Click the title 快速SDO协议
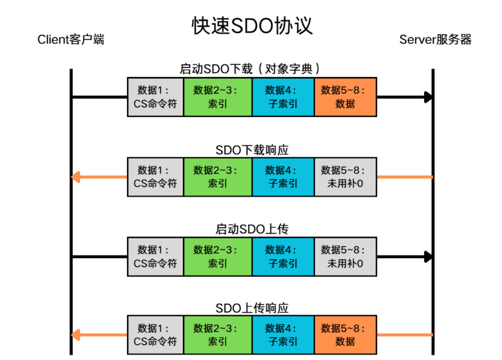pyautogui.click(x=252, y=25)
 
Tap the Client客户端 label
pyautogui.click(x=71, y=40)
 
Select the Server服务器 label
pyautogui.click(x=435, y=40)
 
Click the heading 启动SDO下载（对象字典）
pyautogui.click(x=249, y=68)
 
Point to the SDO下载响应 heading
pyautogui.click(x=252, y=150)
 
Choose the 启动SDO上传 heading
pyautogui.click(x=252, y=229)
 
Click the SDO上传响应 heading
pyautogui.click(x=252, y=308)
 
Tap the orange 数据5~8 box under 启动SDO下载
pyautogui.click(x=346, y=97)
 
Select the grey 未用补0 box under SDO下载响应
pyautogui.click(x=346, y=177)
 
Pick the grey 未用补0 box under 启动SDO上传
pyautogui.click(x=346, y=257)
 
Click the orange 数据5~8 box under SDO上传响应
pyautogui.click(x=346, y=335)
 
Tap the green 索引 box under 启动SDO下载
pyautogui.click(x=218, y=97)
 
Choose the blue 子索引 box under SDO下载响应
pyautogui.click(x=283, y=177)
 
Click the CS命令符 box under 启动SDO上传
pyautogui.click(x=155, y=257)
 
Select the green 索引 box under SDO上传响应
pyautogui.click(x=218, y=335)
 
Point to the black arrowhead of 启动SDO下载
pyautogui.click(x=429, y=97)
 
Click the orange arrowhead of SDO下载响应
pyautogui.click(x=76, y=177)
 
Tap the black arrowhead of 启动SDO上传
pyautogui.click(x=429, y=257)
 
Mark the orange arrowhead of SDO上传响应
pyautogui.click(x=76, y=335)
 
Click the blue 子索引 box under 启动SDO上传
pyautogui.click(x=283, y=257)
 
